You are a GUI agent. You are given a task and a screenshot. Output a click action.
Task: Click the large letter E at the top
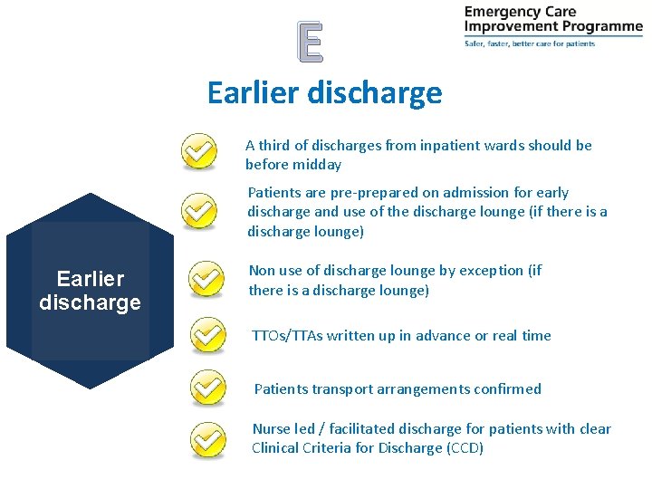point(310,42)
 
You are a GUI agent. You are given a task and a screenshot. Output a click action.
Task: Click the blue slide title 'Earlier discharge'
point(324,92)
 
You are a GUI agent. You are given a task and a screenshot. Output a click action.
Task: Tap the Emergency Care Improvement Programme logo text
point(552,19)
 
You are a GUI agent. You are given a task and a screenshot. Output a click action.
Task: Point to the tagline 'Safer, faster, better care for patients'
point(530,43)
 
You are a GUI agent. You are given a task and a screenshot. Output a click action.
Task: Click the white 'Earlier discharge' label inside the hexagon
point(90,291)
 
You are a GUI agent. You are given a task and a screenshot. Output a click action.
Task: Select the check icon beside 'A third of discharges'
point(199,150)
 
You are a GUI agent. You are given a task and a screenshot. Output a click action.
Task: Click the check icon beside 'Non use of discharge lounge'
point(208,279)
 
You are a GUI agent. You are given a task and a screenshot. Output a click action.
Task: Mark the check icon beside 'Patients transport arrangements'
point(208,388)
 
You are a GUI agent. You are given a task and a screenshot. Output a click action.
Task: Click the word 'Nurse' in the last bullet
point(271,429)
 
